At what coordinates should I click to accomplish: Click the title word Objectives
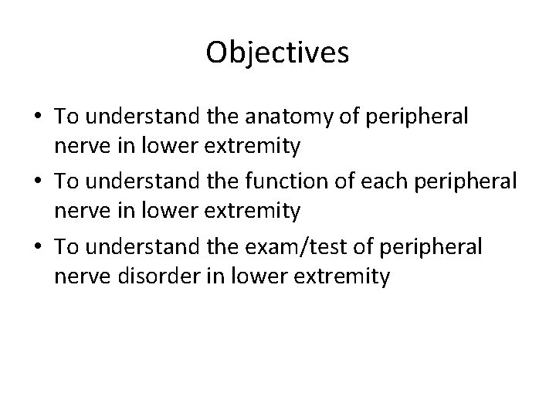[x=278, y=53]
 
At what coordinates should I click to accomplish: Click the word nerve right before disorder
[x=80, y=275]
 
